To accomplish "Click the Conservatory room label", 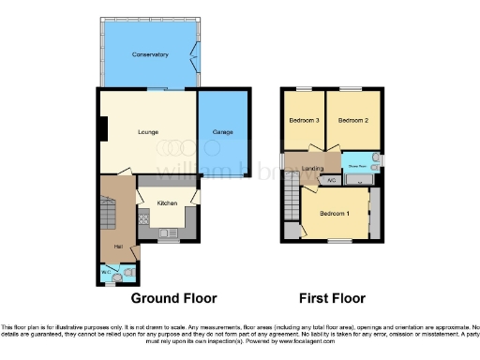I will point(150,55).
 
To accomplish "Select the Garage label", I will point(222,132).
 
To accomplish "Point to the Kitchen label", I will point(167,202).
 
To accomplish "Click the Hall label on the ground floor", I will point(119,247).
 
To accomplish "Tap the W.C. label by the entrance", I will point(106,273).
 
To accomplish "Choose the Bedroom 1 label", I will point(335,214).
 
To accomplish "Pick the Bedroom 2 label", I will point(352,121).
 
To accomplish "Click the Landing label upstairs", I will point(312,169).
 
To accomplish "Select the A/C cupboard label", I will point(331,178).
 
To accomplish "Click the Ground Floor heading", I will point(173,298).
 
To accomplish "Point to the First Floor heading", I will point(332,298).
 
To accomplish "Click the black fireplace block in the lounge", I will point(104,127).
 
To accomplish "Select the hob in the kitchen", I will point(144,219).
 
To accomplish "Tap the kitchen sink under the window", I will point(169,231).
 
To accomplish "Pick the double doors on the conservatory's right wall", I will point(195,55).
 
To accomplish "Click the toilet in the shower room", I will point(373,157).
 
